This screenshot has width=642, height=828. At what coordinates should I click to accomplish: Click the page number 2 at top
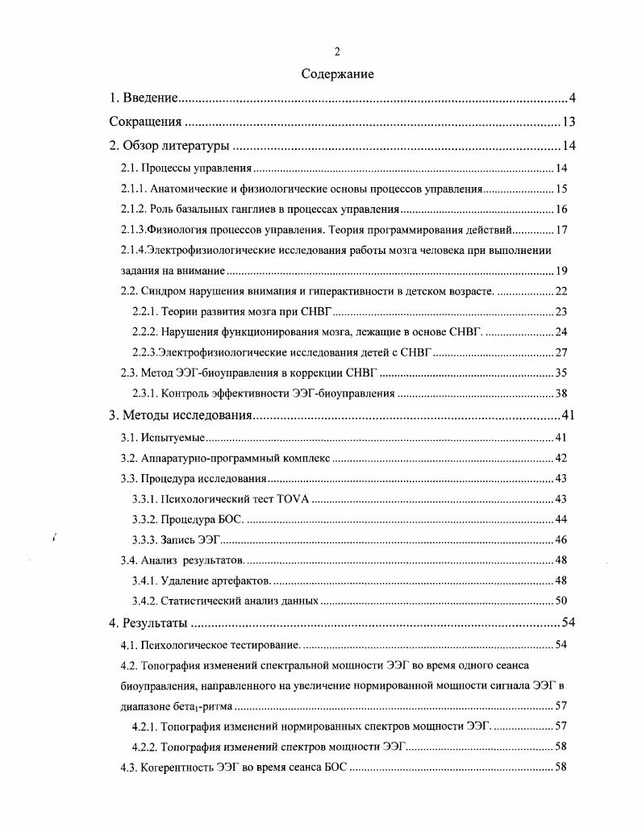click(337, 52)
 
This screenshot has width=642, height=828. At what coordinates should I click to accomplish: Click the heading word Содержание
click(337, 74)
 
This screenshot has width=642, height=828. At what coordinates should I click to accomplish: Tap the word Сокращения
click(144, 123)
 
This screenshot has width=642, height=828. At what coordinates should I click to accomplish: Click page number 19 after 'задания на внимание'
click(561, 271)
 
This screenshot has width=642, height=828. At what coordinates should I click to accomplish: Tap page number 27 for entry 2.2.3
click(561, 352)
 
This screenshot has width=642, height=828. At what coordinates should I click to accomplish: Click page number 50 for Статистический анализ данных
click(561, 601)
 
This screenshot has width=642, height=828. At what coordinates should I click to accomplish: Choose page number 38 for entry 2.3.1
click(561, 393)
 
